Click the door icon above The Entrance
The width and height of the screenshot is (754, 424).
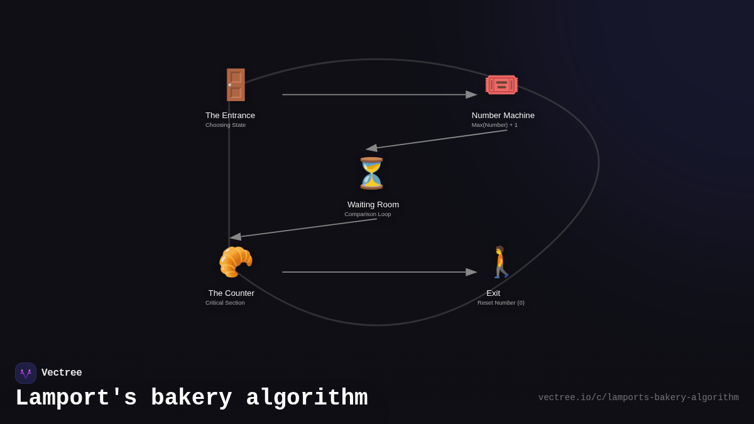236,85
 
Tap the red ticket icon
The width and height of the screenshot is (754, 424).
501,85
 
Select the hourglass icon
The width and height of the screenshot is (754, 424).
371,173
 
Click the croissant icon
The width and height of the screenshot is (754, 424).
236,262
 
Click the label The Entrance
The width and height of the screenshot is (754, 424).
230,116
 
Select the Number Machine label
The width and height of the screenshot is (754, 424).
503,116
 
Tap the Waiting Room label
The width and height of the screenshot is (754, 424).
373,205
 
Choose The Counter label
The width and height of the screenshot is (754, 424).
231,293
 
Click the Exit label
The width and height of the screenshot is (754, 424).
493,293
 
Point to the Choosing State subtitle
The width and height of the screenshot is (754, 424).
226,125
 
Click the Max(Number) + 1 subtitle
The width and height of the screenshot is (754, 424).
494,125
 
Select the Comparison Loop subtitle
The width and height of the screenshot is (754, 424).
368,214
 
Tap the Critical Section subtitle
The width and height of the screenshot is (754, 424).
225,303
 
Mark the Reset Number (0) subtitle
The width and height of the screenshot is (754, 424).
501,303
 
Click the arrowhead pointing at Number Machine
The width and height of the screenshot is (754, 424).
472,95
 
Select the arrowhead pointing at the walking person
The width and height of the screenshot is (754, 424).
472,272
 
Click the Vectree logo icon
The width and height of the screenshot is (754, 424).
26,373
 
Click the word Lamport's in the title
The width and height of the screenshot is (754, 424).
76,398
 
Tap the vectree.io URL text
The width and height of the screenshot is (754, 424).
638,398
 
